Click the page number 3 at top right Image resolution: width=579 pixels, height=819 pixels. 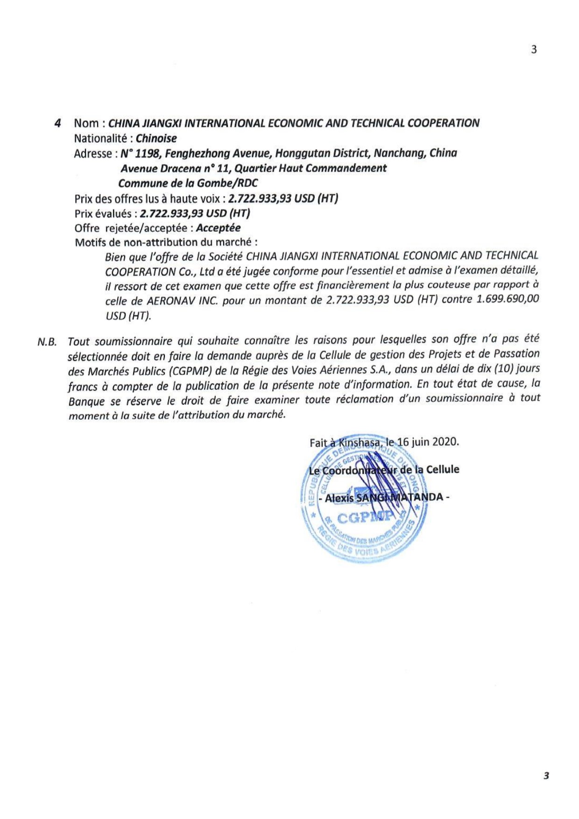pyautogui.click(x=534, y=49)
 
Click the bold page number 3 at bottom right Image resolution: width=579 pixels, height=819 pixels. pyautogui.click(x=546, y=776)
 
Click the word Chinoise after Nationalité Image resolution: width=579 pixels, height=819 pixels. pyautogui.click(x=156, y=139)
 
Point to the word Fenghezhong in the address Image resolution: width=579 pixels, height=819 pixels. pyautogui.click(x=193, y=153)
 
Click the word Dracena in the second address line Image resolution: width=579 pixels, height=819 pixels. pyautogui.click(x=180, y=168)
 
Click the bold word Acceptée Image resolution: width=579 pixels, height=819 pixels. pyautogui.click(x=218, y=228)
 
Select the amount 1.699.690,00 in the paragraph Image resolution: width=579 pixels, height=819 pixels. pyautogui.click(x=507, y=299)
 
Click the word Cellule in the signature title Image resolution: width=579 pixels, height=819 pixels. pyautogui.click(x=442, y=469)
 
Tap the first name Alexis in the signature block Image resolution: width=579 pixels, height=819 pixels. pyautogui.click(x=339, y=498)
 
